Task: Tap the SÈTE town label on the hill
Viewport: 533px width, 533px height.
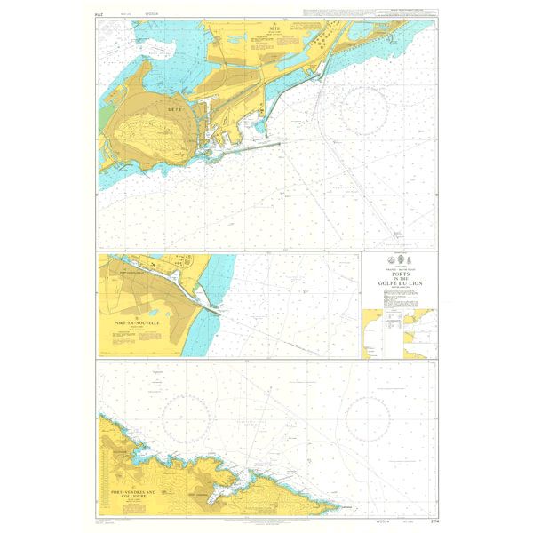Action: [174, 106]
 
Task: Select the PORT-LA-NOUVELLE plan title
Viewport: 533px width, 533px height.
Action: [131, 325]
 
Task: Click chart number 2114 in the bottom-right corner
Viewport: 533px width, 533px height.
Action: [431, 520]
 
